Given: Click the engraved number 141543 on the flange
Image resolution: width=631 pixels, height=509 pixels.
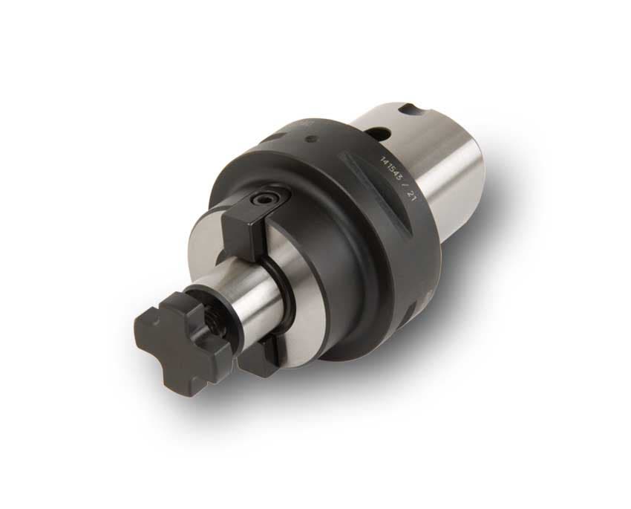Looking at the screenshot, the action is pos(390,169).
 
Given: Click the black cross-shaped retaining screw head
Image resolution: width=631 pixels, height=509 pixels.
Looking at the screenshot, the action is pos(181,343).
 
